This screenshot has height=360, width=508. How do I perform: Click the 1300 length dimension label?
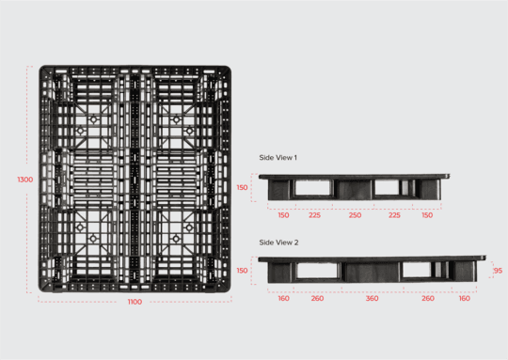(x=25, y=179)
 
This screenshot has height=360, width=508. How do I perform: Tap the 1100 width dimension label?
(x=135, y=302)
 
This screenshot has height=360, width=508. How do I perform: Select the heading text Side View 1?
(x=278, y=158)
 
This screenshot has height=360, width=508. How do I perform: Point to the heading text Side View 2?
(x=278, y=243)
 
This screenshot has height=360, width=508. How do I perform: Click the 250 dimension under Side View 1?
(x=355, y=215)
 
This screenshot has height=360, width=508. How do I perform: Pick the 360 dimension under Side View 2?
(x=372, y=298)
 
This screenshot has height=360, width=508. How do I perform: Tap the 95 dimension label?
(x=497, y=271)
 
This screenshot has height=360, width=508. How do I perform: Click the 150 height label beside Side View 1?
(x=242, y=188)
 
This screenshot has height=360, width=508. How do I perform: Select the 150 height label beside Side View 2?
(x=242, y=271)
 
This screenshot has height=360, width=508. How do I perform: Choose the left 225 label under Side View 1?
(x=315, y=215)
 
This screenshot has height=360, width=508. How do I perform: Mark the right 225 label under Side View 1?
(x=394, y=215)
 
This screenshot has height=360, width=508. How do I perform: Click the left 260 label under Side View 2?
(x=317, y=298)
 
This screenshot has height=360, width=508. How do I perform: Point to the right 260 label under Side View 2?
(x=428, y=298)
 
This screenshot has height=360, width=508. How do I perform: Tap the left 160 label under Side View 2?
(x=283, y=298)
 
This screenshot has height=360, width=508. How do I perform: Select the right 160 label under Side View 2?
(x=464, y=298)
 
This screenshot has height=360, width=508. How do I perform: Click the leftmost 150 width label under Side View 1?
(x=283, y=215)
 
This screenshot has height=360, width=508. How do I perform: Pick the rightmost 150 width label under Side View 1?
(x=428, y=215)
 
